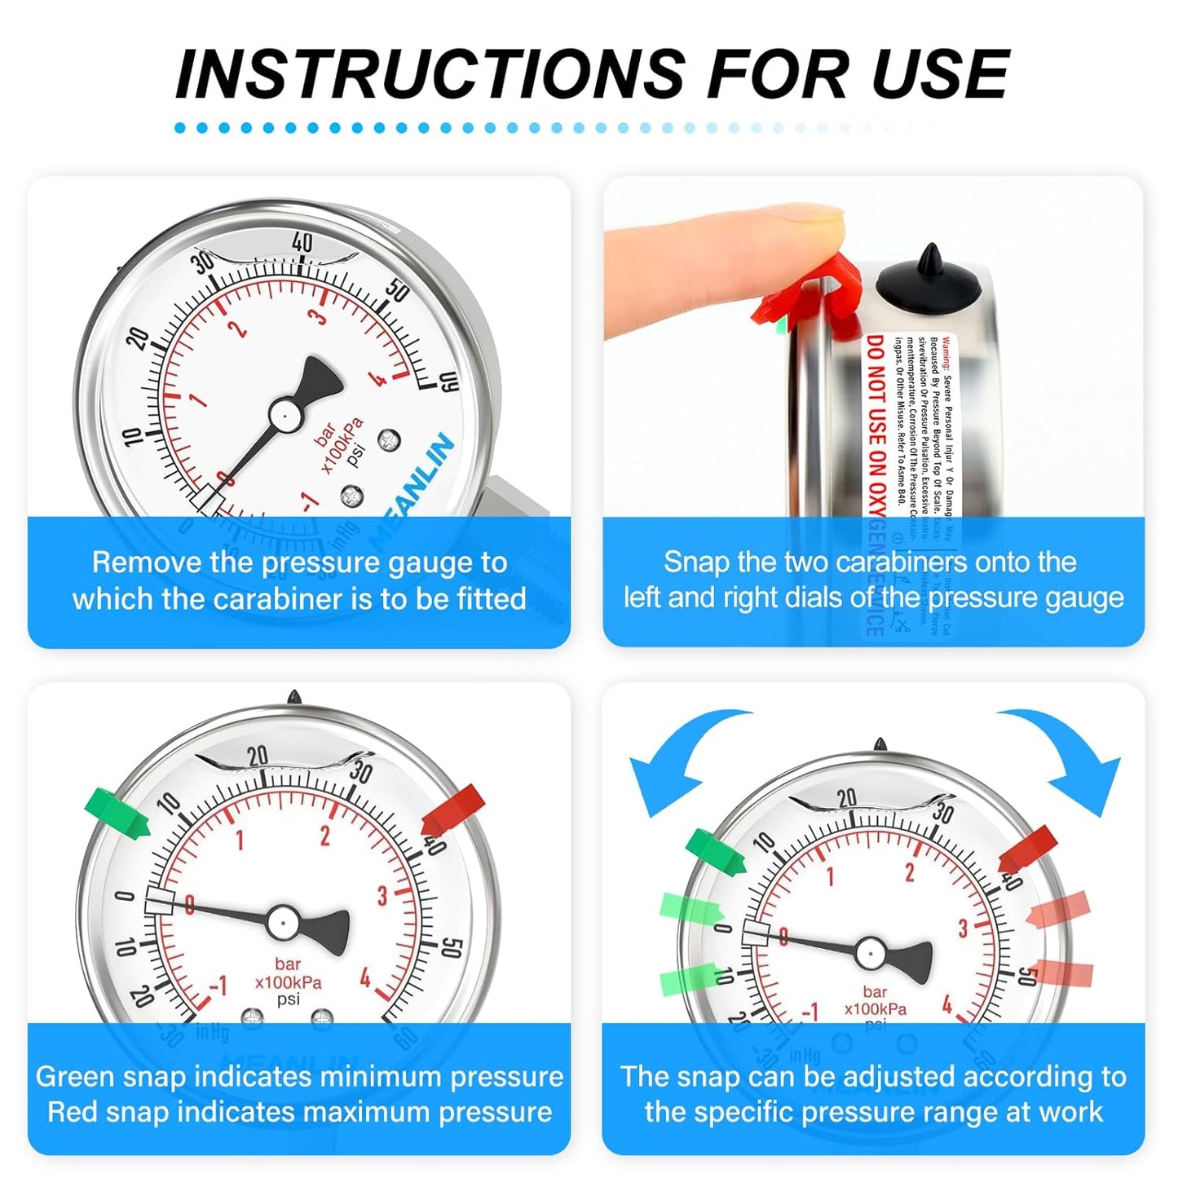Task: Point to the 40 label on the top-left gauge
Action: click(302, 242)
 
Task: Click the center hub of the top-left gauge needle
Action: click(285, 415)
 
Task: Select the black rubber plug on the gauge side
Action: click(929, 281)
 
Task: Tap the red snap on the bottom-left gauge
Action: click(453, 810)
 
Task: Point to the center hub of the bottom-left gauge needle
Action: click(282, 922)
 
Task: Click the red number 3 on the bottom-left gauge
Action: click(382, 896)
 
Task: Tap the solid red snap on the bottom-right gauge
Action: click(1029, 849)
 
